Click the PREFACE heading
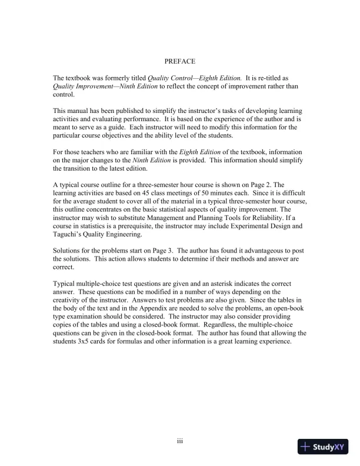(x=179, y=61)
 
